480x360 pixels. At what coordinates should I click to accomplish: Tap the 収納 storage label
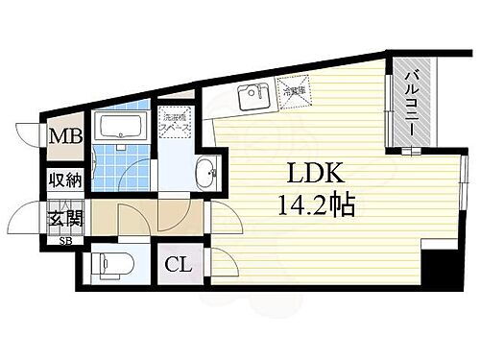[65, 180]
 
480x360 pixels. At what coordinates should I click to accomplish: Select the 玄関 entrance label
[65, 218]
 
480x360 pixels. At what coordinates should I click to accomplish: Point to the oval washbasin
[206, 175]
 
